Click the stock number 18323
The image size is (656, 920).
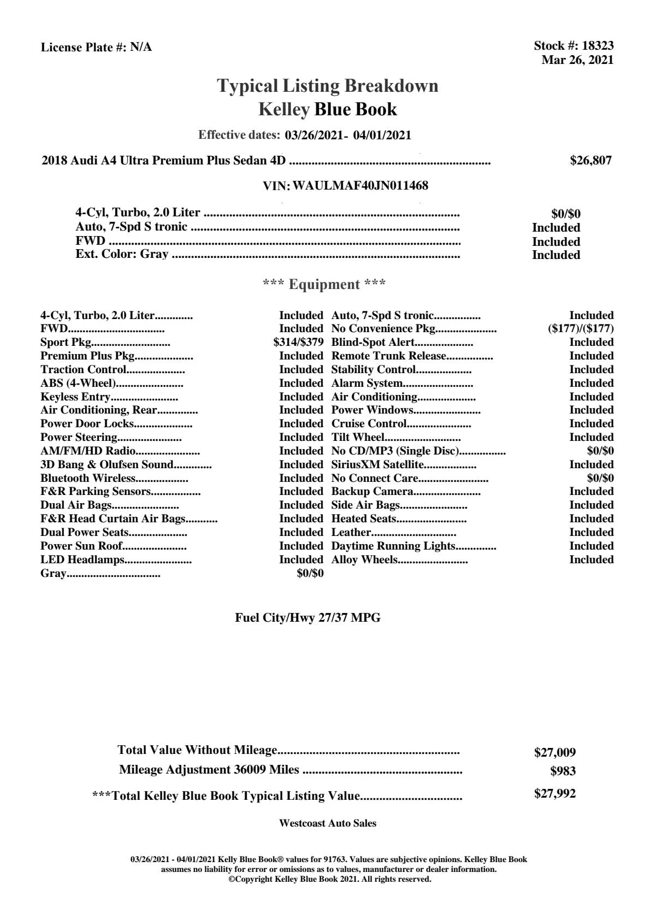click(x=598, y=46)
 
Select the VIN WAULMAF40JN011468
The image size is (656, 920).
click(x=360, y=186)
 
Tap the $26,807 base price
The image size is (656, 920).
click(x=590, y=161)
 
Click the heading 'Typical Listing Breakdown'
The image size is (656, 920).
click(x=328, y=86)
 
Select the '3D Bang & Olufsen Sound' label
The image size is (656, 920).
click(x=107, y=464)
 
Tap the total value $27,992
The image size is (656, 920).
click(x=554, y=794)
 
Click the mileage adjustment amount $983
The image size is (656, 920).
click(x=563, y=771)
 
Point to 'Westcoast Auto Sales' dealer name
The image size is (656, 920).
click(x=328, y=823)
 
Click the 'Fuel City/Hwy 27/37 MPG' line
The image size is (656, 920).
click(x=308, y=618)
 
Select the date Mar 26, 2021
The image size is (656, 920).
click(x=577, y=60)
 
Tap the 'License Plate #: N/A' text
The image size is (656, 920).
click(x=96, y=48)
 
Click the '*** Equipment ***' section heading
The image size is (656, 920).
click(x=324, y=285)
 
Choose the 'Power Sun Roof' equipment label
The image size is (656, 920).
click(x=81, y=546)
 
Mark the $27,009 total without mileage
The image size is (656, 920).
click(x=554, y=753)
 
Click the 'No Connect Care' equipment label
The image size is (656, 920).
click(x=375, y=478)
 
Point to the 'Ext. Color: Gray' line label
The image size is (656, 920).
click(x=122, y=254)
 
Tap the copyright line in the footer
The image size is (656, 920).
click(x=330, y=879)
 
